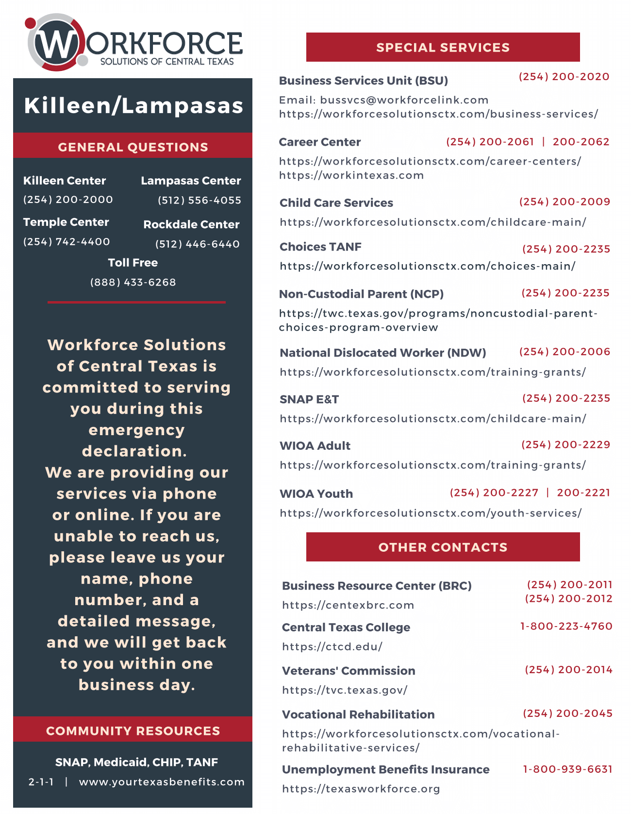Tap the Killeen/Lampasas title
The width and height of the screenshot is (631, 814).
133,106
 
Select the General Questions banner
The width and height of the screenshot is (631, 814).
133,147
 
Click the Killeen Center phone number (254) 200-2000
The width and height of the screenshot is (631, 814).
68,200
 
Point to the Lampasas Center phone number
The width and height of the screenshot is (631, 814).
199,200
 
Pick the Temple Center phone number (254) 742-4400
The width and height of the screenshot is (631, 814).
66,241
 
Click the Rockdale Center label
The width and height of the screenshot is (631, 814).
191,224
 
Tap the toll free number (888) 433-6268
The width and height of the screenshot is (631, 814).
133,282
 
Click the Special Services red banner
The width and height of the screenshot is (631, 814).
443,47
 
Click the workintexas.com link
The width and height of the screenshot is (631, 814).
351,175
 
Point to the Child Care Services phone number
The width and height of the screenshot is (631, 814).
565,202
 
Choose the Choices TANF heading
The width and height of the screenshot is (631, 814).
320,247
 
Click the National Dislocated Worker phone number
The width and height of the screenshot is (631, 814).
565,352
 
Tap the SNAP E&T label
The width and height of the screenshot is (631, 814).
309,399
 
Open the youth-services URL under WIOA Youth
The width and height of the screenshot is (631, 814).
431,513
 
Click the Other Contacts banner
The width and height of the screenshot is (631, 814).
443,547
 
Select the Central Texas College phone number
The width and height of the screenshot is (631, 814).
566,626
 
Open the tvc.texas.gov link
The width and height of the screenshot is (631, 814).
345,690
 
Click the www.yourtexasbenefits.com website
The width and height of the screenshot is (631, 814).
162,782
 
